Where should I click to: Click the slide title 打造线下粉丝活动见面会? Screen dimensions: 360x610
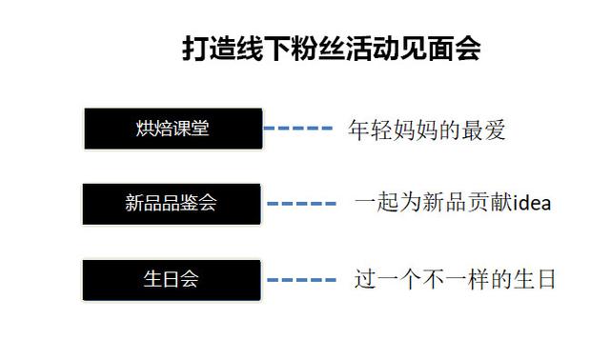[x=331, y=49]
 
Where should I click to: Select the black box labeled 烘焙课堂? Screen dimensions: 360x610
[x=173, y=129]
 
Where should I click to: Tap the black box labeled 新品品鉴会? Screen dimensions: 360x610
[x=172, y=204]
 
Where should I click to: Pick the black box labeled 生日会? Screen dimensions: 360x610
[x=172, y=280]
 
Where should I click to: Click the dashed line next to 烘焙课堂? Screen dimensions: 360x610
[x=296, y=128]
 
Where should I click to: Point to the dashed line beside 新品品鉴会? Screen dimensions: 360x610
[x=301, y=204]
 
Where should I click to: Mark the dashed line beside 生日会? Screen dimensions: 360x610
[x=301, y=280]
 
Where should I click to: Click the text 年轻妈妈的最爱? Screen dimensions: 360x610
[x=425, y=130]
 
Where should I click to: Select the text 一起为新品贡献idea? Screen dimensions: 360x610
[x=453, y=203]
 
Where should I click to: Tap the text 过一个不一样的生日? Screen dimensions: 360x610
[x=454, y=280]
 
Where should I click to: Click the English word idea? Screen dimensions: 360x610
[x=533, y=203]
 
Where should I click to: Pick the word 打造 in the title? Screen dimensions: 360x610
[x=208, y=49]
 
